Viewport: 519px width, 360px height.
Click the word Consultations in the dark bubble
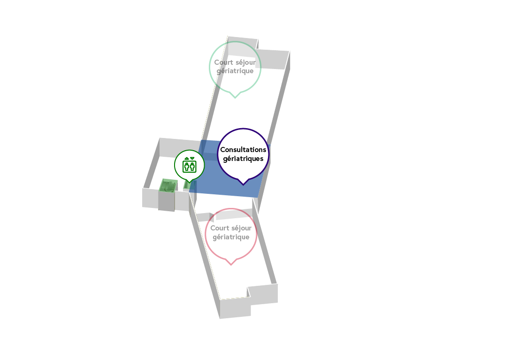tap(243, 150)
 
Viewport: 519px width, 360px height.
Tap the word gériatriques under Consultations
tap(243, 159)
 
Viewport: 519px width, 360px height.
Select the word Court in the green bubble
tap(224, 62)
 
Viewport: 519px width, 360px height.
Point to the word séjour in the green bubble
tap(245, 62)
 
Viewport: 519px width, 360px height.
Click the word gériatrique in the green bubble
tap(235, 71)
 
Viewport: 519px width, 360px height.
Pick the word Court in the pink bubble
tap(220, 228)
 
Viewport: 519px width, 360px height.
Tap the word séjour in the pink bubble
tap(242, 229)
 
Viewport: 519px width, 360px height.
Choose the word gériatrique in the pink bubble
tap(231, 237)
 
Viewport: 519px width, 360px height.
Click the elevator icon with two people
tap(189, 165)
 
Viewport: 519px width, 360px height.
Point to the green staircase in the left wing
tap(168, 185)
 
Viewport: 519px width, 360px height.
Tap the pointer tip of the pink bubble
tap(231, 265)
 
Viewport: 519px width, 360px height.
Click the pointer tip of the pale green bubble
tap(235, 98)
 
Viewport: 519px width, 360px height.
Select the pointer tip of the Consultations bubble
tap(243, 185)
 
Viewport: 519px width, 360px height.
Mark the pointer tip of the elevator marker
tap(189, 183)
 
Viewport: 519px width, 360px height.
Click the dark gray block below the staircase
tap(167, 201)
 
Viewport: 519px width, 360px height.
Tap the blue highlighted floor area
tap(229, 179)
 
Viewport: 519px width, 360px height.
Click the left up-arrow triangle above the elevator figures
tap(187, 159)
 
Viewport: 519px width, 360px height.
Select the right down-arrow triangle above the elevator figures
tap(192, 159)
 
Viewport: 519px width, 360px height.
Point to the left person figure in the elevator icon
tap(187, 167)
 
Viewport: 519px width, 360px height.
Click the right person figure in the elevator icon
tap(192, 167)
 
